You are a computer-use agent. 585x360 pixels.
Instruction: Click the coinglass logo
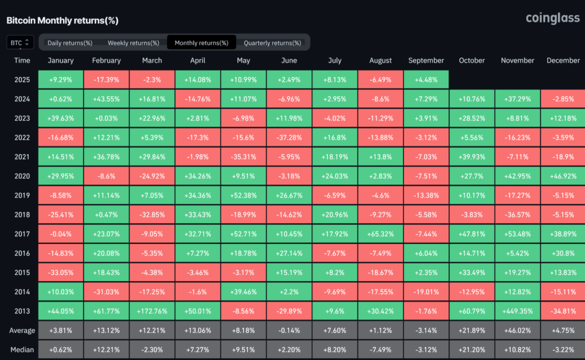pos(552,18)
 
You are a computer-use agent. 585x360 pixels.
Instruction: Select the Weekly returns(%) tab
pos(134,43)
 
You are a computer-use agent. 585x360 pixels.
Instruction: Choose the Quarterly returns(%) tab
pos(272,43)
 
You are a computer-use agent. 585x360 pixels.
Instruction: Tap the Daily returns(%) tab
pos(70,43)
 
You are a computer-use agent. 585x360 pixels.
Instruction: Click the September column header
pos(426,60)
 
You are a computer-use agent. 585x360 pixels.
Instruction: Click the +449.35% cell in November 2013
pos(517,311)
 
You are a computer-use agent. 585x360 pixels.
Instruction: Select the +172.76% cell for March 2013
pos(152,311)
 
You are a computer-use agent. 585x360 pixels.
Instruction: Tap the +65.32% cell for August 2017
pos(380,234)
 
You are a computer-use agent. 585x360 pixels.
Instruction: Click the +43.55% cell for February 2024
pos(106,99)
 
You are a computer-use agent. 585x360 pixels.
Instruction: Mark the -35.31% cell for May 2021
pos(243,157)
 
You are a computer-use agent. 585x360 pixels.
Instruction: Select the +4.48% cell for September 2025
pos(426,79)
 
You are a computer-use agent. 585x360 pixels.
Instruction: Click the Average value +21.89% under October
pos(472,331)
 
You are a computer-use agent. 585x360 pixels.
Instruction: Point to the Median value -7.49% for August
pos(380,350)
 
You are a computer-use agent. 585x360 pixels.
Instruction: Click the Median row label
pos(23,350)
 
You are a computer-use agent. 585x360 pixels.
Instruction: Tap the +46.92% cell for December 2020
pos(562,176)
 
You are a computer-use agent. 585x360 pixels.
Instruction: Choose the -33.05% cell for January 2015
pos(60,273)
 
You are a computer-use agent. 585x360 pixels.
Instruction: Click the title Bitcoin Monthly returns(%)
pos(62,20)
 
